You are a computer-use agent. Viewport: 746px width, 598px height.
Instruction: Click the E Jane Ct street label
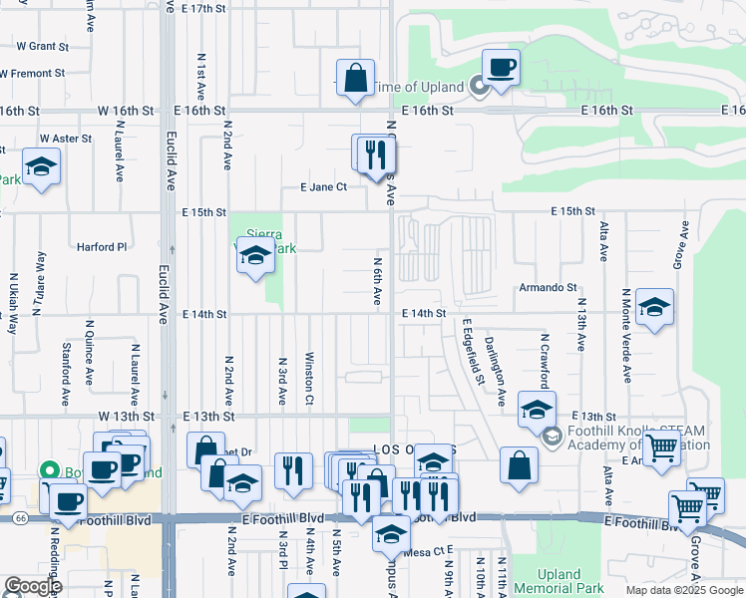(x=323, y=186)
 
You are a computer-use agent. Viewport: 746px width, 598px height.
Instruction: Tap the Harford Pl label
(x=103, y=246)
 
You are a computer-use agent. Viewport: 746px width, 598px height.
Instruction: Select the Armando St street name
(x=548, y=287)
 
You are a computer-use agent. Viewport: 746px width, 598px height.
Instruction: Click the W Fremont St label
(x=32, y=73)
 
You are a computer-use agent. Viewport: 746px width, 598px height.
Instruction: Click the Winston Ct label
(x=310, y=378)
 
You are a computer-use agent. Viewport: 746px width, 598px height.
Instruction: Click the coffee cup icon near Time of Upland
(x=501, y=67)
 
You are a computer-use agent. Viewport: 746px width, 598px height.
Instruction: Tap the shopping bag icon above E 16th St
(x=355, y=78)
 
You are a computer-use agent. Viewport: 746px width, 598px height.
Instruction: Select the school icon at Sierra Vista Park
(x=255, y=258)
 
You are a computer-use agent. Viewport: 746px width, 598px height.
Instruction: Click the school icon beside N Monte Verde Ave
(x=654, y=306)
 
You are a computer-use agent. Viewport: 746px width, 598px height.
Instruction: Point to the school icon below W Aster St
(x=42, y=165)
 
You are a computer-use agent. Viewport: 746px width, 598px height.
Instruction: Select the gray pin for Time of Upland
(x=478, y=88)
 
